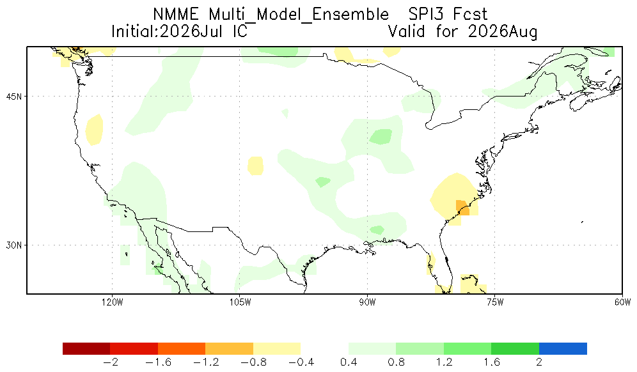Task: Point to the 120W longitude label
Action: [x=112, y=302]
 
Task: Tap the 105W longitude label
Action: [x=240, y=302]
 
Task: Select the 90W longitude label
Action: [x=367, y=302]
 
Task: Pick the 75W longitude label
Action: [x=495, y=302]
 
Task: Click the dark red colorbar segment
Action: [x=86, y=348]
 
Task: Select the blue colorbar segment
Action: [x=563, y=348]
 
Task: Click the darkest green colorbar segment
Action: [x=515, y=348]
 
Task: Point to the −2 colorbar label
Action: [x=110, y=362]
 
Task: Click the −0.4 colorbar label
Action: [x=301, y=362]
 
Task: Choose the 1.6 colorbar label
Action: [x=492, y=362]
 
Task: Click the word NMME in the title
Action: [x=176, y=15]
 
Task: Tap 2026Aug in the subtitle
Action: [x=503, y=32]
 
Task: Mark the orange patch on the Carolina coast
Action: [x=462, y=208]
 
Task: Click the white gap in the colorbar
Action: [x=324, y=348]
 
